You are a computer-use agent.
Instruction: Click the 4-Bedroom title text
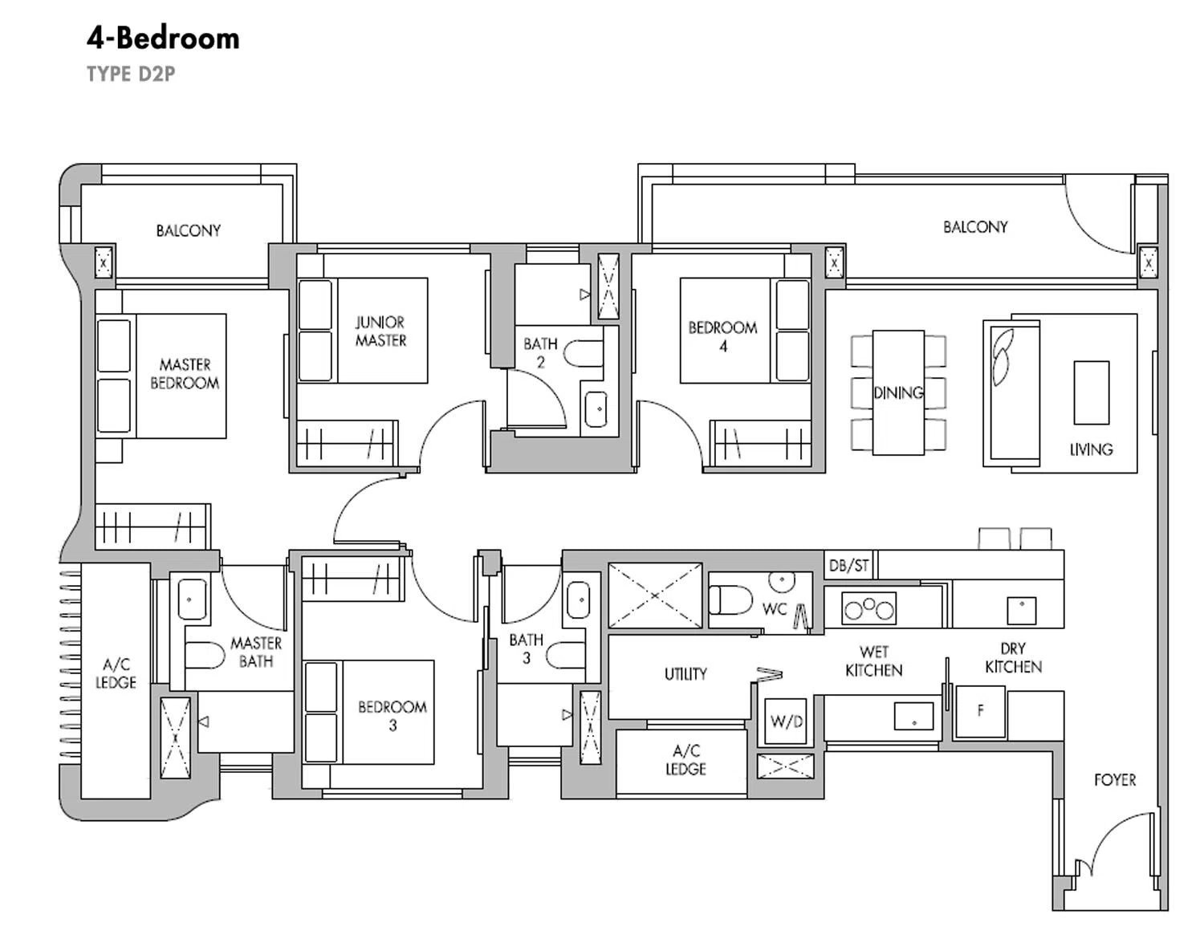(163, 39)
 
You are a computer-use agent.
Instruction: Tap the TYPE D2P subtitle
(131, 74)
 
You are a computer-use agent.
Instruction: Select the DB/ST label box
(848, 566)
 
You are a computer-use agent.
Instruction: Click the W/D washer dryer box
(786, 721)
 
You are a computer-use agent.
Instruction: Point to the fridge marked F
(980, 711)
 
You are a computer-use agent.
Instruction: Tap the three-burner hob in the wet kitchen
(868, 608)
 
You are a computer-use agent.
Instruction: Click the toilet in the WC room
(730, 600)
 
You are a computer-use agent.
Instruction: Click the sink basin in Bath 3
(578, 600)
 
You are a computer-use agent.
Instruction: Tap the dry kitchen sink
(1022, 611)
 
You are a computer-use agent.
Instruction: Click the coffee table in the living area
(1091, 392)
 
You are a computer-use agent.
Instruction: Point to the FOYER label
(1115, 780)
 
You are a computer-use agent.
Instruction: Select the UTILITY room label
(685, 674)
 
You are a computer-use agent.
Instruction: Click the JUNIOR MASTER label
(381, 331)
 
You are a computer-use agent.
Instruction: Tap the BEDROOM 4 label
(723, 337)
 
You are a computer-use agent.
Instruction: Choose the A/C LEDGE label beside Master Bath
(116, 673)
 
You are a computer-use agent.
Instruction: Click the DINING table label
(898, 392)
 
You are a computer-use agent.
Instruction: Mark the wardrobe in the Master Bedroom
(153, 526)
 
